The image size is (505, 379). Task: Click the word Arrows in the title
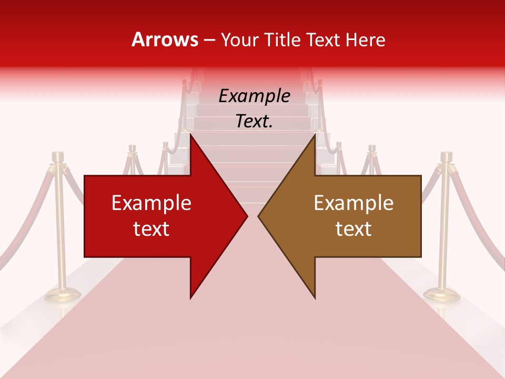click(165, 39)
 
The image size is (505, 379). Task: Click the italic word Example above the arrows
click(255, 96)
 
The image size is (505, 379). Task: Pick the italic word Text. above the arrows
click(255, 122)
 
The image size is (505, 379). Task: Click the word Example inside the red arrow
click(151, 203)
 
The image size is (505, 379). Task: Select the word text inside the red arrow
click(151, 229)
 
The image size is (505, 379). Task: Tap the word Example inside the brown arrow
click(353, 203)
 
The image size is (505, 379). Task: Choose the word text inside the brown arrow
click(353, 229)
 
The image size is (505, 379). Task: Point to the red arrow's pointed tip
click(247, 216)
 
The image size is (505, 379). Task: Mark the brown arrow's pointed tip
click(258, 216)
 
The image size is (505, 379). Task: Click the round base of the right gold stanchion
click(442, 295)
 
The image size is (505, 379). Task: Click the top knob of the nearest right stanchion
click(447, 156)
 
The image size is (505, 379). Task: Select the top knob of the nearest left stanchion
click(57, 156)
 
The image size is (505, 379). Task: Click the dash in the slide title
click(209, 40)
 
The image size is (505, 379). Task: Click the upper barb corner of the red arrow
click(190, 135)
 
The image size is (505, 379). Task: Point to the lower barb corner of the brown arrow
click(315, 298)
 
